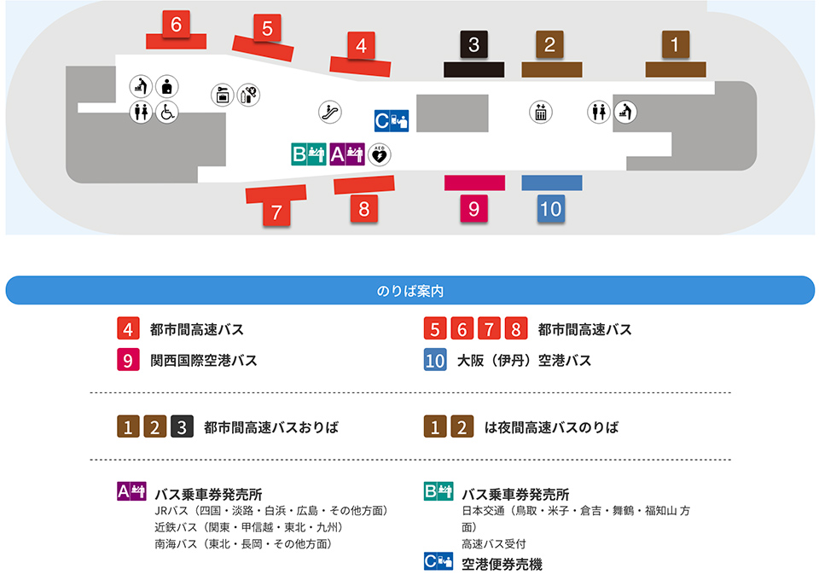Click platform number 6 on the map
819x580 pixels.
176,26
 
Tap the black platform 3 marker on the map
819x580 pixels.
473,44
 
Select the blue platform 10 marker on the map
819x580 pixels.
551,208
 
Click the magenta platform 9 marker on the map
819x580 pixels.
473,208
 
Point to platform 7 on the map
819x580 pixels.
276,213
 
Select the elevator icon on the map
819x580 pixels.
540,112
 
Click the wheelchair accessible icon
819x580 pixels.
166,112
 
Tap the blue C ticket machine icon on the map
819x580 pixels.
392,121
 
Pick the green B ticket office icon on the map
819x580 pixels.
307,154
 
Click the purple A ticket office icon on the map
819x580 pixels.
346,154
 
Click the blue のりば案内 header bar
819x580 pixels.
409,291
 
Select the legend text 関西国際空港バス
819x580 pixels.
203,361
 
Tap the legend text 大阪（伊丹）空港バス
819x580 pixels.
524,361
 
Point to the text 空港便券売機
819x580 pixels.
502,564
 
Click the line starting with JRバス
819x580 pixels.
272,511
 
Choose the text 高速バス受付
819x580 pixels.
494,543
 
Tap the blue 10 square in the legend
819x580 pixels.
435,361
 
